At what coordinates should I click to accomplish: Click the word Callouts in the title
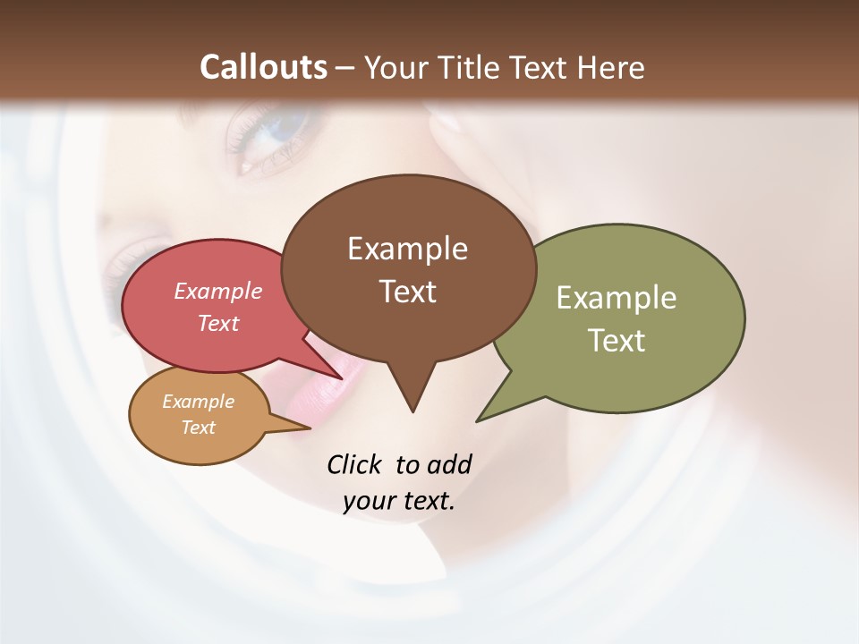tap(263, 67)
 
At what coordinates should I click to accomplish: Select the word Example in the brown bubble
tap(407, 249)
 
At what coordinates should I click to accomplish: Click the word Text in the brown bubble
tap(407, 291)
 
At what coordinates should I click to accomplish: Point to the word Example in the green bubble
tap(617, 298)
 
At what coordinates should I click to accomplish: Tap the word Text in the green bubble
tap(617, 340)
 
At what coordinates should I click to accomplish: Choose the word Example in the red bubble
tap(218, 291)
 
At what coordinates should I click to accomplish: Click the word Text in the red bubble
tap(218, 323)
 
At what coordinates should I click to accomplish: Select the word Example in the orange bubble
tap(199, 402)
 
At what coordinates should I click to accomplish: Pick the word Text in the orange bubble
tap(199, 428)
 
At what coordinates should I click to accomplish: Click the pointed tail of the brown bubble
tap(412, 407)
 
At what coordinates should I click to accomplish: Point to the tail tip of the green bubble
tap(481, 419)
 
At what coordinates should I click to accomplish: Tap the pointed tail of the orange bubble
tap(304, 428)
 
